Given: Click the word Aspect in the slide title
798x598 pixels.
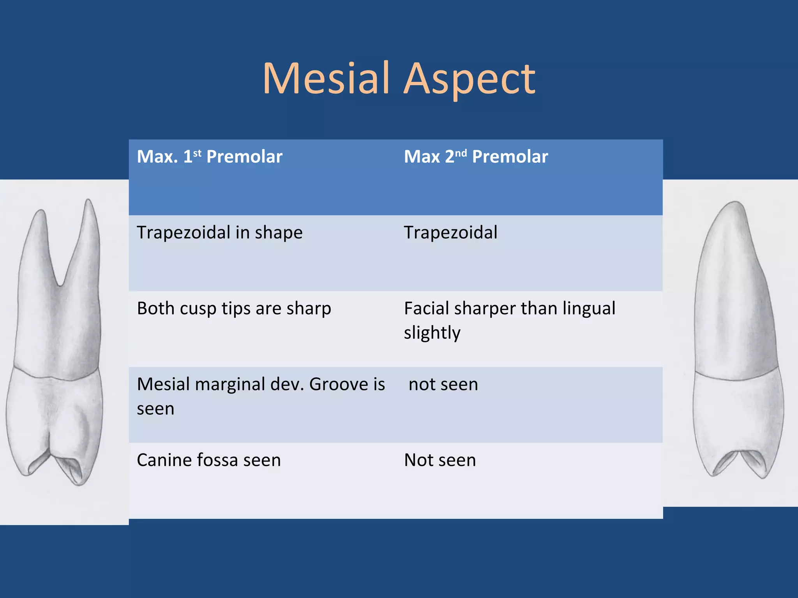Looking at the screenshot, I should coord(470,79).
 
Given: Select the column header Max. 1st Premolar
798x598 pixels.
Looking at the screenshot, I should coord(210,157).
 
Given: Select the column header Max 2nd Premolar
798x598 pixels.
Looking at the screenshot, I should coord(476,157).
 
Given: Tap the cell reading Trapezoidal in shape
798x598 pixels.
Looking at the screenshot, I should coord(220,232).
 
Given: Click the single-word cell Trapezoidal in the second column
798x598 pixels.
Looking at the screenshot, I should coord(450,232).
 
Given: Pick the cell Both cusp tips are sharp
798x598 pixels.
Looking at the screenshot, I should coord(234,308).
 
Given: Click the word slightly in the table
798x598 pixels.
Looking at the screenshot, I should coord(432,333).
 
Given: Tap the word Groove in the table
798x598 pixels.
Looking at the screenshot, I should coord(338,384).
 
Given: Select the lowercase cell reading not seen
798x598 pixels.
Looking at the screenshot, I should coord(443,384).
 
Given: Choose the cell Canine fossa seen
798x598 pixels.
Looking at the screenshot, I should coord(209,460).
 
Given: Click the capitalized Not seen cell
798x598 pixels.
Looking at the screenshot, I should coord(440,460).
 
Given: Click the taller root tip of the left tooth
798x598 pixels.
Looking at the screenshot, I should coord(89,201).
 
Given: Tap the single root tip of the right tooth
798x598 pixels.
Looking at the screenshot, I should coord(735,203).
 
